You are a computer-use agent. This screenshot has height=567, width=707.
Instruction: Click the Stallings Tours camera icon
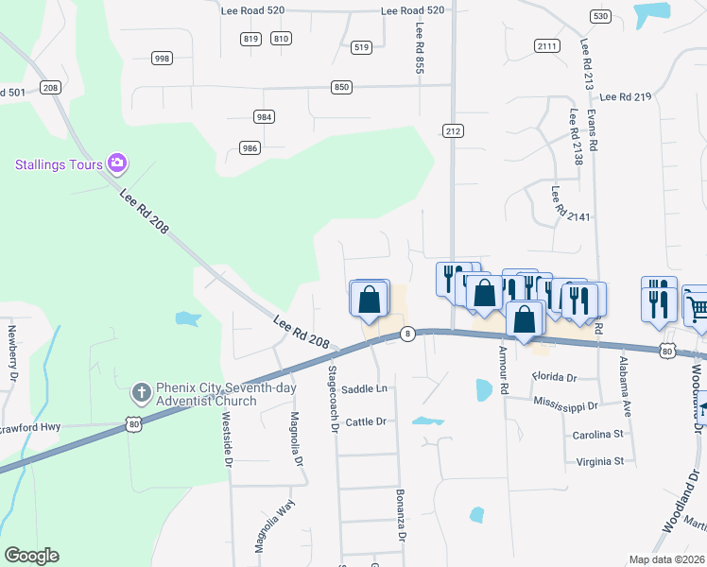point(117,163)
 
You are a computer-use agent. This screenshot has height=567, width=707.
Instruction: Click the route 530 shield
point(599,16)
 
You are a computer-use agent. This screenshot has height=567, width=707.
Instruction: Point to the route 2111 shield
point(546,46)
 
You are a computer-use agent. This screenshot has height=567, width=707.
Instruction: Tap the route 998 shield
point(162,59)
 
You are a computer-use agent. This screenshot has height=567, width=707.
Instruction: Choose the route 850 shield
point(341,87)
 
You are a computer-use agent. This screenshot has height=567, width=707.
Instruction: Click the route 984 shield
point(264,117)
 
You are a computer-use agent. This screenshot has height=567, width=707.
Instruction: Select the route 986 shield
point(250,148)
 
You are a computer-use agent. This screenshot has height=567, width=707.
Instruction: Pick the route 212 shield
point(453,131)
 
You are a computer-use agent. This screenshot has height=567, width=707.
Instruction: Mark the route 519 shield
point(360,46)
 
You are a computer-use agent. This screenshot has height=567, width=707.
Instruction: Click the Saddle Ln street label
point(365,389)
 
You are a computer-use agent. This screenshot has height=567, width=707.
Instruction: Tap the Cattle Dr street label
point(367,421)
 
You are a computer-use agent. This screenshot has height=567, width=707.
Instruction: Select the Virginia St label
point(598,462)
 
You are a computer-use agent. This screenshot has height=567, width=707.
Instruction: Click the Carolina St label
point(598,435)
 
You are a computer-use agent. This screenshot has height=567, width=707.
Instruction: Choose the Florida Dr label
point(554,377)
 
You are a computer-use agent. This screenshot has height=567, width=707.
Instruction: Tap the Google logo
point(31,556)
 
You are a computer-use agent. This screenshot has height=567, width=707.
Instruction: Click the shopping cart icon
point(697,306)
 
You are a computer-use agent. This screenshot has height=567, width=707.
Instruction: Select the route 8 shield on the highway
point(407,334)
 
